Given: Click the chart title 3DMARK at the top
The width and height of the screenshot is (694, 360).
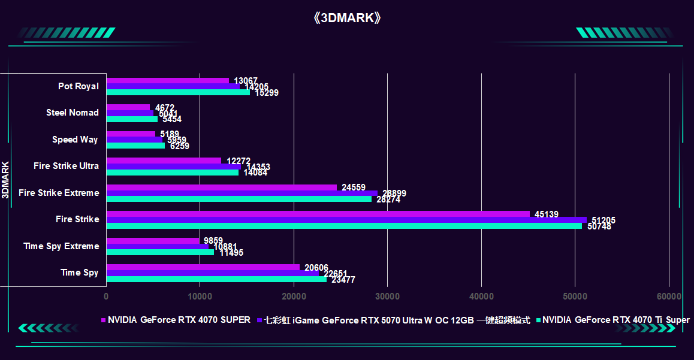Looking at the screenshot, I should click(347, 17).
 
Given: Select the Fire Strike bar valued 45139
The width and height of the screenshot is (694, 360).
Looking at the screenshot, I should click(318, 214).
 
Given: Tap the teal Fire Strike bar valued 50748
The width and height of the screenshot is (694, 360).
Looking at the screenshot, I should click(343, 226).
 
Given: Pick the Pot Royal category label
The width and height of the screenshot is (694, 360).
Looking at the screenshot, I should click(79, 86).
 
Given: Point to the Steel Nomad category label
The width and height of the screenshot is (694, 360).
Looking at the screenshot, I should click(73, 113).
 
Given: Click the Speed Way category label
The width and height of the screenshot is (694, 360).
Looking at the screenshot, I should click(75, 140).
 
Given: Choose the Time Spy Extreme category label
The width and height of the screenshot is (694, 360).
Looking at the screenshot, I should click(61, 246).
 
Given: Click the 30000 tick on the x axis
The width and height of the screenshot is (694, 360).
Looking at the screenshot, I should click(387, 297).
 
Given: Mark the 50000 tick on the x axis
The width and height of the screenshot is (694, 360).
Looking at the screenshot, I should click(575, 297).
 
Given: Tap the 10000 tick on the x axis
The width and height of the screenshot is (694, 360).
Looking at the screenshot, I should click(200, 297).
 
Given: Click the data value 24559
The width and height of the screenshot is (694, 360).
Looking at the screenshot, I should click(354, 187).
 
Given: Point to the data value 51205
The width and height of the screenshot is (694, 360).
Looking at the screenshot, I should click(604, 220).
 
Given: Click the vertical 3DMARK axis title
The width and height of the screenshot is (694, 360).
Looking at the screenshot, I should click(5, 179).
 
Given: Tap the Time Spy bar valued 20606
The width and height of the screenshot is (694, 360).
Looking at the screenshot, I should click(203, 267).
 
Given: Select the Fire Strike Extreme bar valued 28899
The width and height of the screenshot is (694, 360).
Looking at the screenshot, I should click(242, 193).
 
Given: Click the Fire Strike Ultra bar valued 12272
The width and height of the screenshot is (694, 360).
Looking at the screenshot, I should click(164, 161).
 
